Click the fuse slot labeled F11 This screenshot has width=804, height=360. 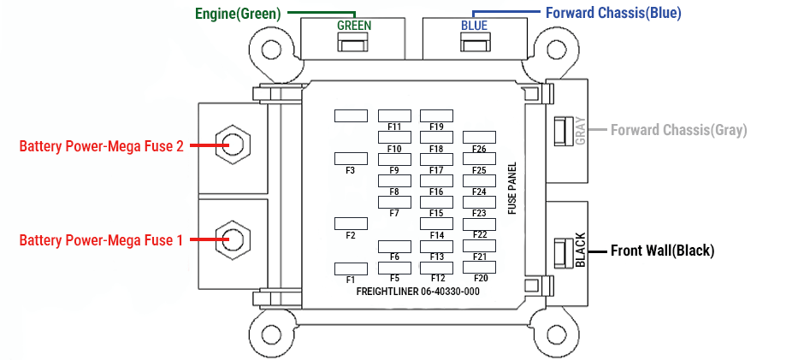pos(394,115)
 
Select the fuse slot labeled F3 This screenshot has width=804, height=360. pos(351,158)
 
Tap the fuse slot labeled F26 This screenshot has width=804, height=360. pos(479,137)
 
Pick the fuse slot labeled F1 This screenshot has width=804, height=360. pos(351,269)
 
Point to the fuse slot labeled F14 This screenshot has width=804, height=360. pos(436,223)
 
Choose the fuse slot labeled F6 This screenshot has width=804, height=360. pos(394,246)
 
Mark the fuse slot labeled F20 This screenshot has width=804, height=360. pos(479,267)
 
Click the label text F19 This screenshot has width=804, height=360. pos(437,127)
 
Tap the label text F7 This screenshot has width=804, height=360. pos(393,213)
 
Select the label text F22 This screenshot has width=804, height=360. pos(480,235)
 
